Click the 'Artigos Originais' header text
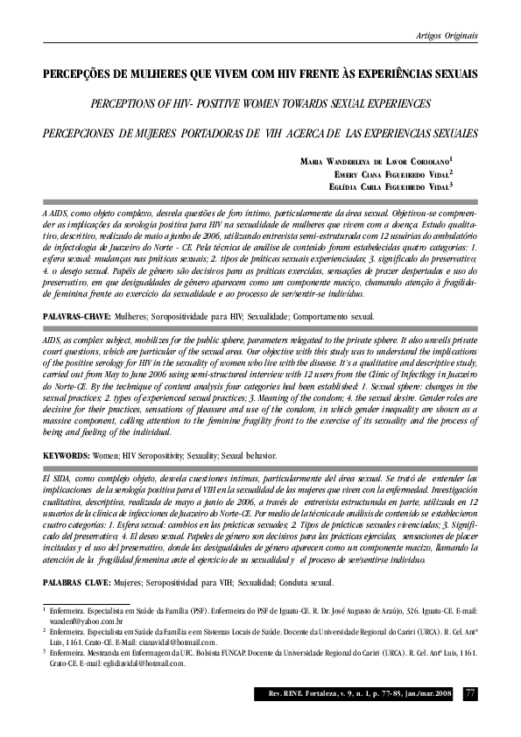point(447,35)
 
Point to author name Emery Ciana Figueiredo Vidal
point(404,174)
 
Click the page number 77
point(470,694)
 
